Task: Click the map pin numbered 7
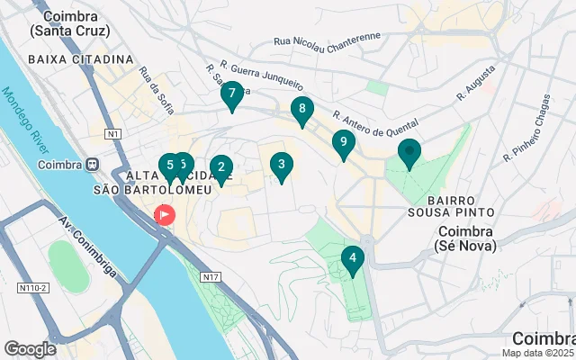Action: pyautogui.click(x=232, y=94)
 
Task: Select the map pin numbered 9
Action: pyautogui.click(x=343, y=143)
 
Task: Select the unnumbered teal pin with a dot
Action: pyautogui.click(x=409, y=154)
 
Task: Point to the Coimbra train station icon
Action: pyautogui.click(x=92, y=165)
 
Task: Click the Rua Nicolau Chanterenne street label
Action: pyautogui.click(x=327, y=40)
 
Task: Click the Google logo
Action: pyautogui.click(x=30, y=348)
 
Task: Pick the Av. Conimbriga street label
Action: pyautogui.click(x=87, y=245)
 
